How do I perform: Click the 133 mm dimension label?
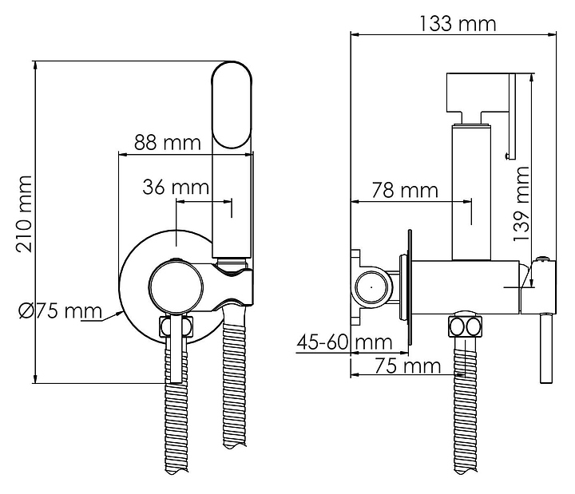click(457, 23)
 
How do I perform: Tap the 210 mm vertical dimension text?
click(24, 214)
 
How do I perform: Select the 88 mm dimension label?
click(168, 142)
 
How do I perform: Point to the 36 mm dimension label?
click(176, 187)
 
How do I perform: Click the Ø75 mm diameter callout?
click(61, 311)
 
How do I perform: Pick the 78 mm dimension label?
click(405, 190)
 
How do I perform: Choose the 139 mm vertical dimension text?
click(521, 204)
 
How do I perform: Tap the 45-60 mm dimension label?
click(344, 342)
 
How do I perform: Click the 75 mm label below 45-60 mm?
click(407, 366)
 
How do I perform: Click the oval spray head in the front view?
click(232, 105)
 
